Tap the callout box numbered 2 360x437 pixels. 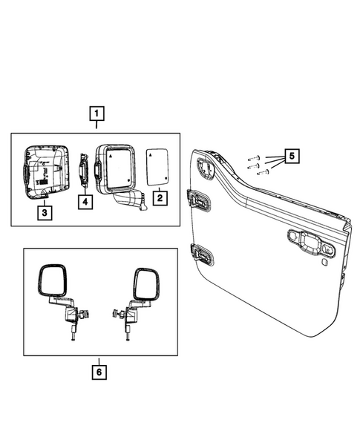pos(158,198)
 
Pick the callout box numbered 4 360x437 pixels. pos(85,200)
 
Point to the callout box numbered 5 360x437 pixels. pos(292,157)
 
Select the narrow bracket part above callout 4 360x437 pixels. pos(85,171)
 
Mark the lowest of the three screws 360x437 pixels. pos(261,173)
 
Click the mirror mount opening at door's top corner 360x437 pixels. pos(206,167)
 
